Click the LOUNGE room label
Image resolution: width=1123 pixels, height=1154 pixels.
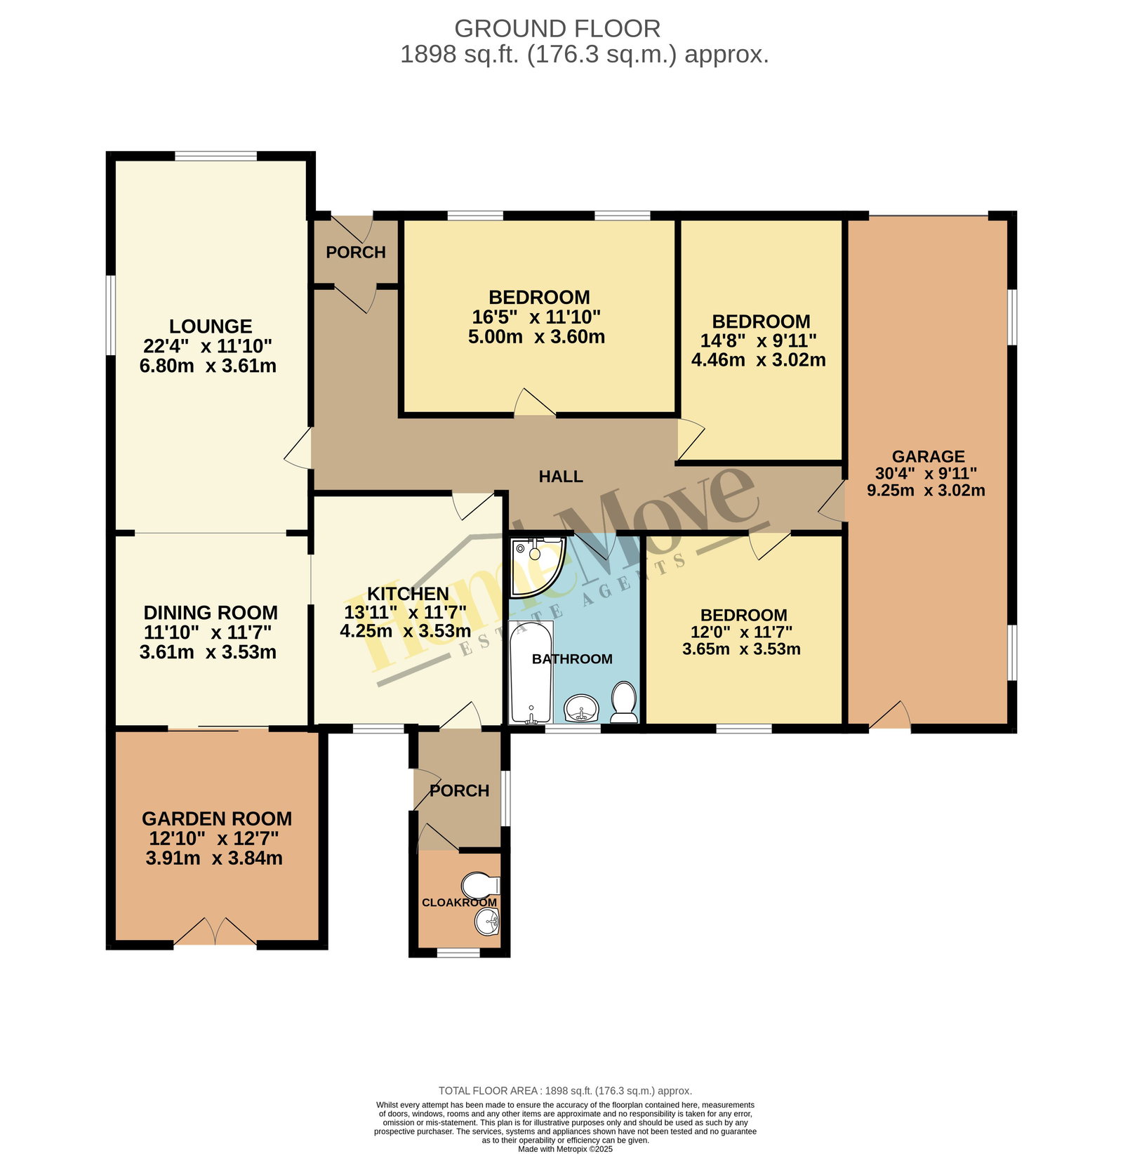211,326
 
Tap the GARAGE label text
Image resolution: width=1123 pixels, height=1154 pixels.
928,457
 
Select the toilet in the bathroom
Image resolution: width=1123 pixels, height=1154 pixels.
623,702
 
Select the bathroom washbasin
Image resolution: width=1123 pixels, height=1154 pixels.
581,708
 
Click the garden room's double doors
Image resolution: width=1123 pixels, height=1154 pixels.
215,932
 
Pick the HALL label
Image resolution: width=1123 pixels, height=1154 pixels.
561,477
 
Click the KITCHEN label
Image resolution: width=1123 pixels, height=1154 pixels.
408,594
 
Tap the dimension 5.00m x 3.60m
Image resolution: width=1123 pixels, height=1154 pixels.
537,337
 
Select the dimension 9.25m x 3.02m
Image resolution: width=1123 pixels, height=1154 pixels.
926,491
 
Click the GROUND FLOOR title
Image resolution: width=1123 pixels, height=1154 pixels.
557,29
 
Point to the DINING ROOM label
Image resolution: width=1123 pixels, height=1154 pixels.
211,613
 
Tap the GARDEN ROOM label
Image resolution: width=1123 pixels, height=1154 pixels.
217,819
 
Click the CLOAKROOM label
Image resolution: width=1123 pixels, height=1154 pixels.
459,903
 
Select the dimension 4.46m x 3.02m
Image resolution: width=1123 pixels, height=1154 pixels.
759,360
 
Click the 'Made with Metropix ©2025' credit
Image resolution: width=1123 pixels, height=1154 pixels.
565,1149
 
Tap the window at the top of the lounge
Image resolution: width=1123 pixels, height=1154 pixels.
215,156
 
